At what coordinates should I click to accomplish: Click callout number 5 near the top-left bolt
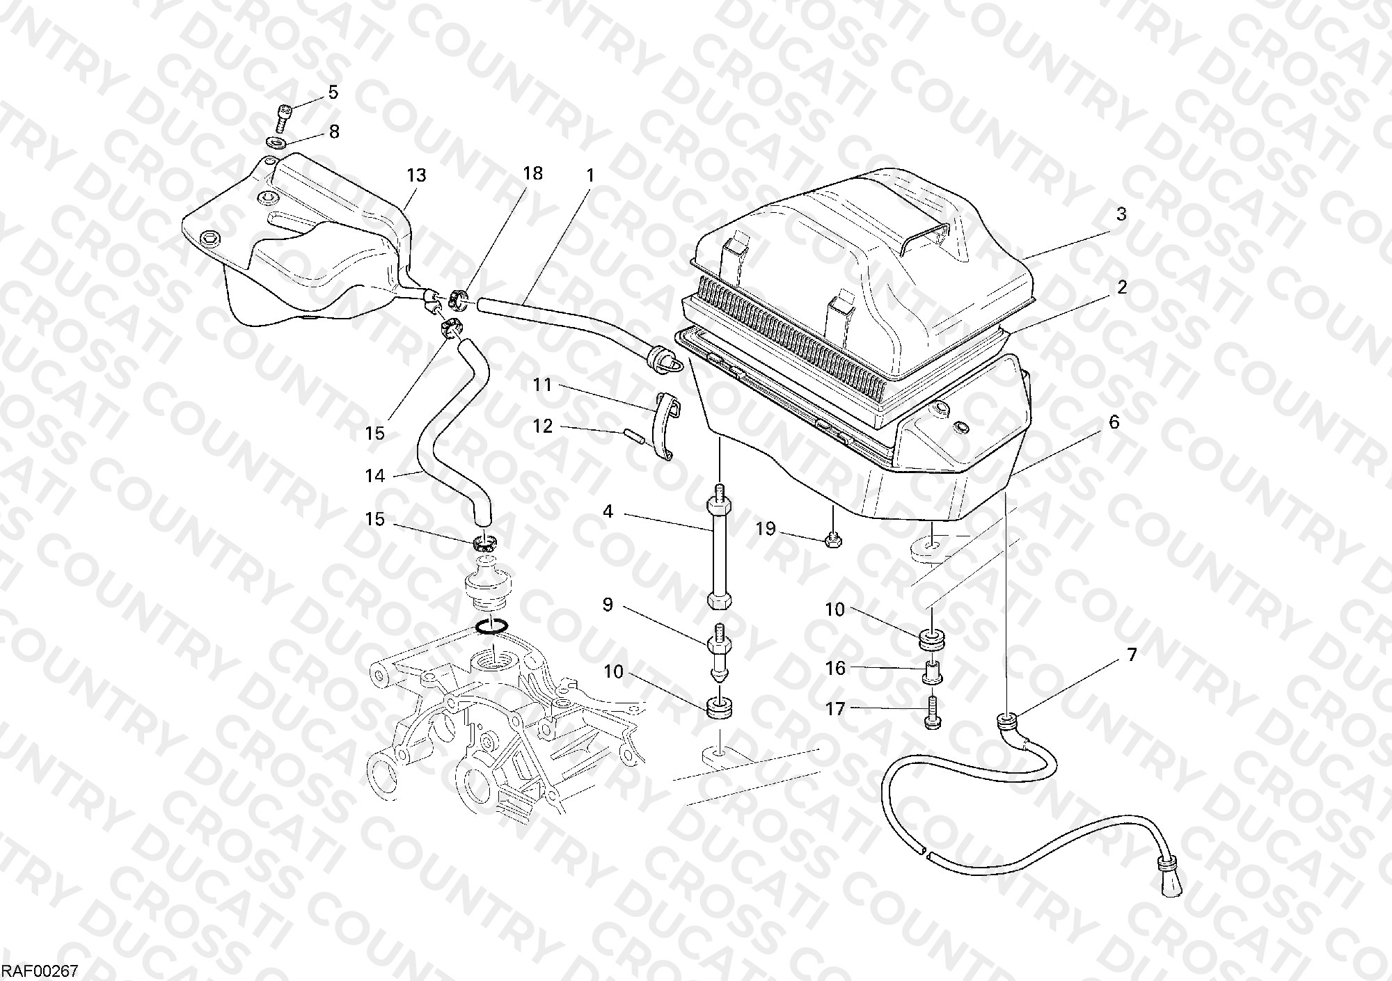pyautogui.click(x=333, y=92)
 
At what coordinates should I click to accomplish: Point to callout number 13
pyautogui.click(x=416, y=175)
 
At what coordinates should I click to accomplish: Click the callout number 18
pyautogui.click(x=533, y=173)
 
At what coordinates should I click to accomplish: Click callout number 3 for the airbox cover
pyautogui.click(x=1121, y=215)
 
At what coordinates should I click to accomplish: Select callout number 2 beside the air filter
pyautogui.click(x=1121, y=287)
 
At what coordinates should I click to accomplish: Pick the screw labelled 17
pyautogui.click(x=932, y=714)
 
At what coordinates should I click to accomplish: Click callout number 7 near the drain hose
pyautogui.click(x=1132, y=655)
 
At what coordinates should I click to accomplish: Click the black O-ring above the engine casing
pyautogui.click(x=491, y=628)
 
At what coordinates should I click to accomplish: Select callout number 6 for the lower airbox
pyautogui.click(x=1114, y=422)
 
